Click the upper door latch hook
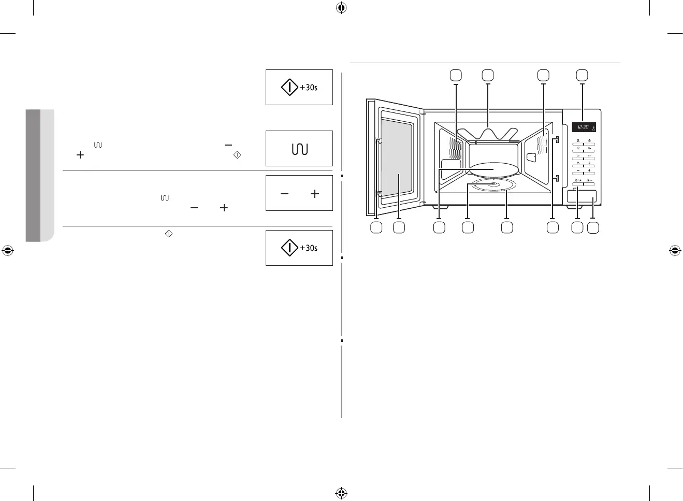[379, 140]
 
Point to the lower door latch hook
[379, 194]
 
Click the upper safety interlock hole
[556, 139]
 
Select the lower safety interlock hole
[556, 178]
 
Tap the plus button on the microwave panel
[589, 170]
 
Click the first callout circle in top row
[456, 75]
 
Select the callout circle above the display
[583, 75]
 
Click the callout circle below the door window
[398, 227]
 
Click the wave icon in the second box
[299, 149]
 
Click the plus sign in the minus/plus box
[314, 194]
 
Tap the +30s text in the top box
[309, 88]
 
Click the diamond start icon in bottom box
[289, 248]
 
